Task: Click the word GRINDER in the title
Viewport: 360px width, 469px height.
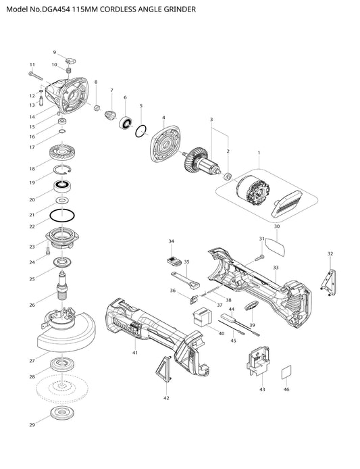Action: coord(180,9)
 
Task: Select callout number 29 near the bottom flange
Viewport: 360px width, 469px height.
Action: coord(32,424)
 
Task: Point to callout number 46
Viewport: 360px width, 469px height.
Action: coord(286,389)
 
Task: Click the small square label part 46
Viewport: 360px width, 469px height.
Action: coord(286,372)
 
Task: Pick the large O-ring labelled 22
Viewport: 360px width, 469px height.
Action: coord(62,216)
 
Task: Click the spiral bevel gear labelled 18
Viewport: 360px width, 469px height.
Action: coord(63,153)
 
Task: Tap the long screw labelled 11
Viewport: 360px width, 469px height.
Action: coord(37,76)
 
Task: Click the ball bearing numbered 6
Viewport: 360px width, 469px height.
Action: coord(126,123)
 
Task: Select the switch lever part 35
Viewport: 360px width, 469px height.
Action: coord(186,280)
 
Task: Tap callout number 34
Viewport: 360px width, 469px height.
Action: coord(172,241)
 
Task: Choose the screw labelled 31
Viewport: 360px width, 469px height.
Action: coord(259,257)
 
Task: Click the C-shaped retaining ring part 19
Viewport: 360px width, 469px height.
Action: coord(62,169)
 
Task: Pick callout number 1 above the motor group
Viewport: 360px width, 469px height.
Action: coord(259,153)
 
